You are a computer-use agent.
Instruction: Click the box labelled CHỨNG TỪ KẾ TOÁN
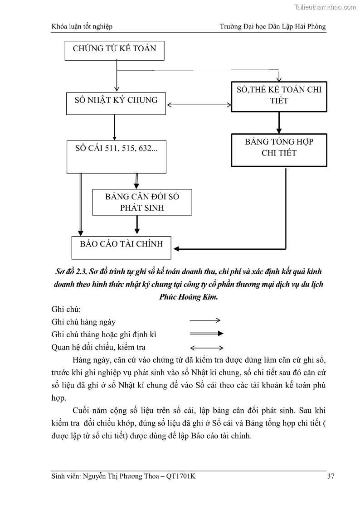114,49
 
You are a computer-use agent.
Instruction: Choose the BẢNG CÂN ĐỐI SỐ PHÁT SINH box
142,202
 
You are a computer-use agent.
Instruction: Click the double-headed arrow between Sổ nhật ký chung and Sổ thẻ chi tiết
199,105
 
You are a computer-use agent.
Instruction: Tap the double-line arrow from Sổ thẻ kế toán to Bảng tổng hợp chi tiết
279,122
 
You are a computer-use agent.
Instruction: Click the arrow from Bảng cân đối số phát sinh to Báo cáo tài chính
136,225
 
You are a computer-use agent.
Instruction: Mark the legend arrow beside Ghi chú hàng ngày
205,320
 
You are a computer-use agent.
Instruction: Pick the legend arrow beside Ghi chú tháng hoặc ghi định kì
206,334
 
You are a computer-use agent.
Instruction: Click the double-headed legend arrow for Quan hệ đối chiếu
206,348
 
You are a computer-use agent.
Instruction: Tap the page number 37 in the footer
331,476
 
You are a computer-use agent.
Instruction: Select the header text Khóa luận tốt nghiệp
82,27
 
